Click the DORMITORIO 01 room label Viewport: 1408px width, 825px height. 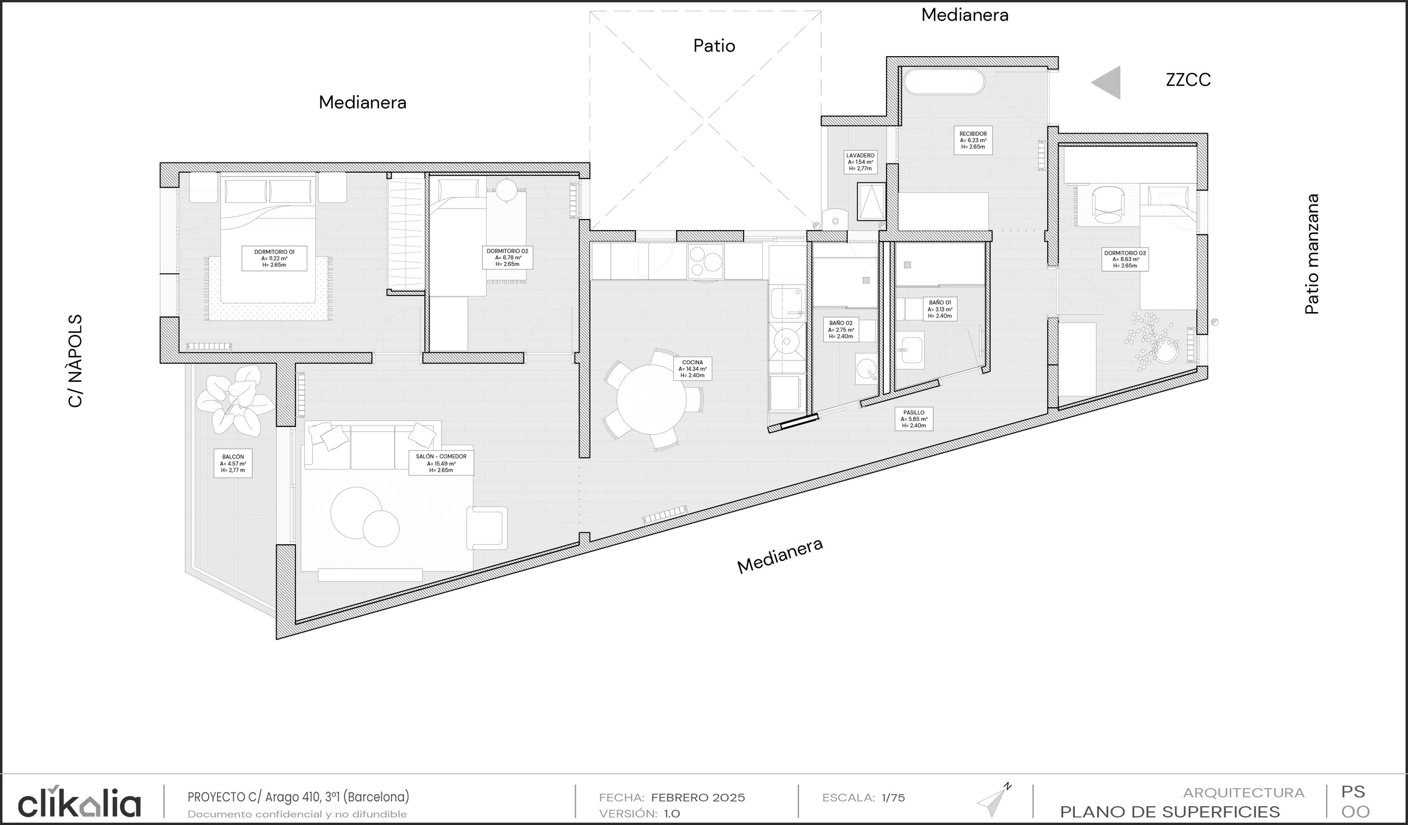pyautogui.click(x=274, y=258)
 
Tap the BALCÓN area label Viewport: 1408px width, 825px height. pyautogui.click(x=233, y=463)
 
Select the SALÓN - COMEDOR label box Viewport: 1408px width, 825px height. pyautogui.click(x=441, y=463)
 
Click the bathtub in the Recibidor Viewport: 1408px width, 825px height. pyautogui.click(x=944, y=81)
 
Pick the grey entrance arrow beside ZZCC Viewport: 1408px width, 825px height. pyautogui.click(x=1106, y=82)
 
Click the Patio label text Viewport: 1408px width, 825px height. pyautogui.click(x=714, y=45)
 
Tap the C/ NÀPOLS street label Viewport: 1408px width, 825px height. pyautogui.click(x=75, y=361)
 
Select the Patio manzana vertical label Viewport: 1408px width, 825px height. pyautogui.click(x=1312, y=254)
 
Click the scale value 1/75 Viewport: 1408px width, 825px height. pyautogui.click(x=893, y=797)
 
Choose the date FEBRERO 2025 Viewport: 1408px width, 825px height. pyautogui.click(x=698, y=797)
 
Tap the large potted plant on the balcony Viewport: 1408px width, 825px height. pyautogui.click(x=235, y=400)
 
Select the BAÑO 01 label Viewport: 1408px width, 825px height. pyautogui.click(x=940, y=309)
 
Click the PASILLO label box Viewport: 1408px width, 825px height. pyautogui.click(x=914, y=419)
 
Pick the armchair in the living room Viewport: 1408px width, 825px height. pyautogui.click(x=487, y=528)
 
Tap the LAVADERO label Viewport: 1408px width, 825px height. pyautogui.click(x=860, y=162)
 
